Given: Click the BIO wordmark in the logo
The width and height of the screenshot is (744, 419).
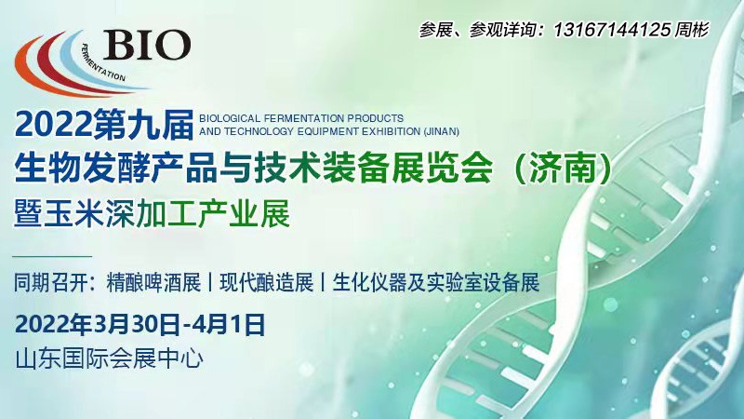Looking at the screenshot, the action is point(147,45).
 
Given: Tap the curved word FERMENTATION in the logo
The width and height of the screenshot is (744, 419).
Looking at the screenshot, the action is point(101,65).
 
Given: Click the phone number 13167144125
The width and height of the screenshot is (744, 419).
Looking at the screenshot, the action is point(612,31).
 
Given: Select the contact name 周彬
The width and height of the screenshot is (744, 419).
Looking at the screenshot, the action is point(692,31).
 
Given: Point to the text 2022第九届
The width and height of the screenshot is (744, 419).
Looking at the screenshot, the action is point(104,125).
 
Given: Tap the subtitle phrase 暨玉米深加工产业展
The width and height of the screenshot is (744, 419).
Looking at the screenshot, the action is point(152,213).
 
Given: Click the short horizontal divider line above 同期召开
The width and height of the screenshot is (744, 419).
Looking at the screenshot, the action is point(52,257).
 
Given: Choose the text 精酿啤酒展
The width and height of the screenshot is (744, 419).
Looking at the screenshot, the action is point(153,283).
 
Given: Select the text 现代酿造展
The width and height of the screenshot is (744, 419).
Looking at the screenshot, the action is point(266,283).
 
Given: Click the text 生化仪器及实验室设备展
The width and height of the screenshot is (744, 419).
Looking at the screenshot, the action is point(436,283).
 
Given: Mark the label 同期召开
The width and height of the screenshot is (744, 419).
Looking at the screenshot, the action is point(51,283).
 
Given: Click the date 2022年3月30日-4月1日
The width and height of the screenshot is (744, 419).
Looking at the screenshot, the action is point(140,325).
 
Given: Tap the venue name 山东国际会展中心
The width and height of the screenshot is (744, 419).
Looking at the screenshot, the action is point(110,358).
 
